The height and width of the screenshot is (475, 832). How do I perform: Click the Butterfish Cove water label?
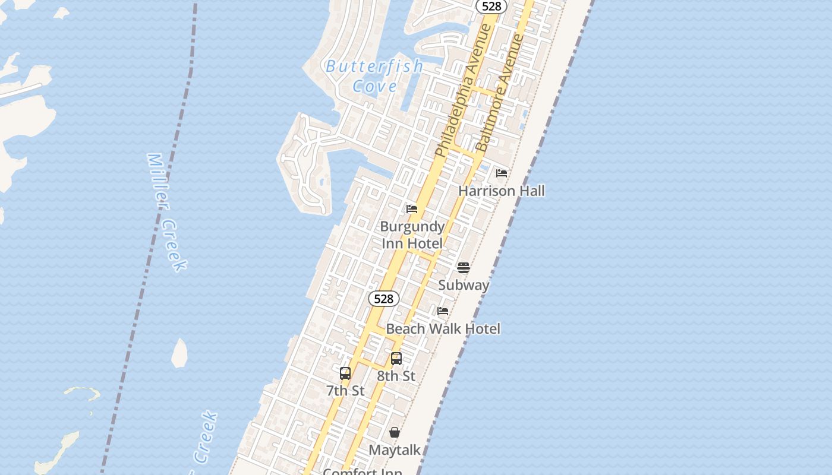tap(374, 75)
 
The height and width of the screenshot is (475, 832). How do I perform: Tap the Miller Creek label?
tap(167, 212)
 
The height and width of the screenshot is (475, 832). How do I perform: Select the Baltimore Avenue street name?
tap(500, 93)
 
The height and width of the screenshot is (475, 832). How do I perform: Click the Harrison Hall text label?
tap(501, 191)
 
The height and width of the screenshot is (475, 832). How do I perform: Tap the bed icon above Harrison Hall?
tap(502, 173)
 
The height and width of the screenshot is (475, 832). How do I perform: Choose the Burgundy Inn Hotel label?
tap(412, 235)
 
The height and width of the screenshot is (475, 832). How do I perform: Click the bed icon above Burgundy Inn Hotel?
tap(412, 209)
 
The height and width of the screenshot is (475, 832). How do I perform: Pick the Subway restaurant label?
tap(464, 285)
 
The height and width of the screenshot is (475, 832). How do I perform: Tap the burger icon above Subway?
tap(464, 268)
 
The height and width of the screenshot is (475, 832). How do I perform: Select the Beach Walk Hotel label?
tap(443, 329)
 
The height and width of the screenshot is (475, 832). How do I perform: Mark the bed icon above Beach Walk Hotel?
tap(443, 311)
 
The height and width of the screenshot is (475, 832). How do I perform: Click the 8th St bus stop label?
tap(396, 376)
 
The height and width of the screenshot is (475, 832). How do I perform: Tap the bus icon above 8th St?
tap(396, 359)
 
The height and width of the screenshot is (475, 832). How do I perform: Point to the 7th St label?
tap(345, 391)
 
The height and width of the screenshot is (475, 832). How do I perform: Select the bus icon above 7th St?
tap(345, 373)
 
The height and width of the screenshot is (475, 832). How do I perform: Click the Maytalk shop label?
tap(395, 450)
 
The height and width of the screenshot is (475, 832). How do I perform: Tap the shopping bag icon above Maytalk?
tap(395, 432)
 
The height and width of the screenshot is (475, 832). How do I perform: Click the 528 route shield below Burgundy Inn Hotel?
tap(384, 299)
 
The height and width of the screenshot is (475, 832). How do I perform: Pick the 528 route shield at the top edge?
tap(492, 7)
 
